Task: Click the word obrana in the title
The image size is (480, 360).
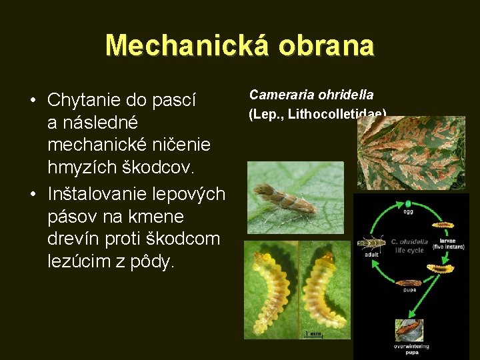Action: (327, 45)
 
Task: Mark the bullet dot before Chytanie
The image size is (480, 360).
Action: (32, 101)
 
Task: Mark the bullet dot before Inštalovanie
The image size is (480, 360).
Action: (32, 194)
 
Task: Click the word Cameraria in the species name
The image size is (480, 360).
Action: (279, 95)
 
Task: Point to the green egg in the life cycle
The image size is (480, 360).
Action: (408, 204)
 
